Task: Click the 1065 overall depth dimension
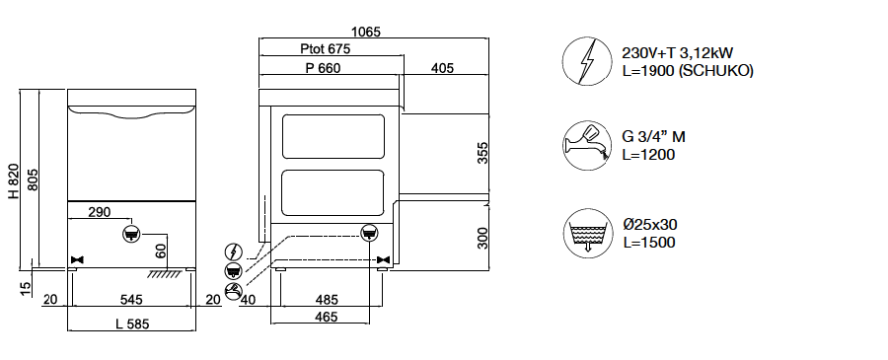tap(366, 32)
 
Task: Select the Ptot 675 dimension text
tap(325, 48)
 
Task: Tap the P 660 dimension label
tap(323, 68)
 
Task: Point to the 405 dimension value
tap(442, 68)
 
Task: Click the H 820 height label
tap(14, 181)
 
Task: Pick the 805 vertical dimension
tap(33, 180)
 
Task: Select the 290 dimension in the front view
tap(100, 212)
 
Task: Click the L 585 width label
tap(132, 324)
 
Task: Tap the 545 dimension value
tap(131, 300)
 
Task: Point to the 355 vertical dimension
tap(482, 153)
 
